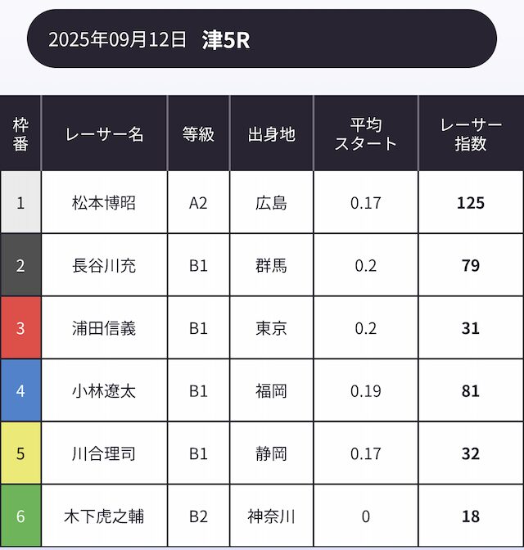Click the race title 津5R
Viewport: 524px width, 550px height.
coord(226,39)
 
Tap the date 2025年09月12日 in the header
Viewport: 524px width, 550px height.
coord(117,39)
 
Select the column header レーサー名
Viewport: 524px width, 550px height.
coord(104,133)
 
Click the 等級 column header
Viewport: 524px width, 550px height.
coord(198,133)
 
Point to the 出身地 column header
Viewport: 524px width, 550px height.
coord(271,133)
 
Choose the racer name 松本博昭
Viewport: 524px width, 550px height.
coord(104,202)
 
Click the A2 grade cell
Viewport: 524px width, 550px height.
coord(198,202)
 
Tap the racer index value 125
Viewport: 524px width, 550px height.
coord(471,202)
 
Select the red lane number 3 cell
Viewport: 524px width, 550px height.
coord(20,328)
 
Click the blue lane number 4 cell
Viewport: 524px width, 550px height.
coord(20,390)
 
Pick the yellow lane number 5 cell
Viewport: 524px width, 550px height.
coord(20,453)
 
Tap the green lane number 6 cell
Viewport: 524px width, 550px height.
coord(20,516)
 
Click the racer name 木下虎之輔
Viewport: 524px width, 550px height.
coord(104,516)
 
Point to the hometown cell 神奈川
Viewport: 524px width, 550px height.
coord(271,516)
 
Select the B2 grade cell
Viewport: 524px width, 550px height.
coord(198,516)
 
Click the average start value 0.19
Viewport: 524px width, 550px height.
coord(365,390)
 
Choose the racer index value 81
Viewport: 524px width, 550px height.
coord(471,390)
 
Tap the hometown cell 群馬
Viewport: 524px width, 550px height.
coord(271,265)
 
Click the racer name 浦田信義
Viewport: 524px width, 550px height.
coord(104,328)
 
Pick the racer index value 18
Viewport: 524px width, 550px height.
coord(471,516)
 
